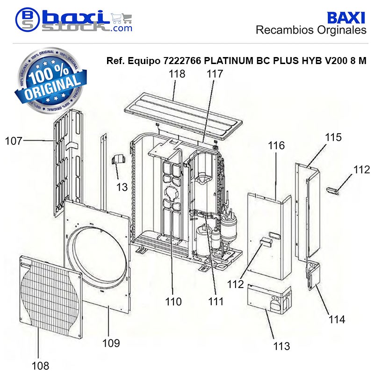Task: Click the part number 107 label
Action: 14,141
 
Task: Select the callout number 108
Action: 40,366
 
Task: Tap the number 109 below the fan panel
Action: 111,343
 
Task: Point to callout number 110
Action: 173,302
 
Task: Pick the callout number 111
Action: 216,302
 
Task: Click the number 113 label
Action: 281,346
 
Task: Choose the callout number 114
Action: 337,319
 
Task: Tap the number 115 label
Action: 333,137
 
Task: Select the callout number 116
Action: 276,145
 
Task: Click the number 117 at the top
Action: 215,74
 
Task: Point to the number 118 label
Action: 177,74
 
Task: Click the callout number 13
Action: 122,187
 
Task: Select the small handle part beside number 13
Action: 119,159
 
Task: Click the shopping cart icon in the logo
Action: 122,18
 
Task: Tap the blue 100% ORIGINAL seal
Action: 50,80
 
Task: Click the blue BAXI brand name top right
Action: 346,18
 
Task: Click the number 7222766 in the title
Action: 182,61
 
